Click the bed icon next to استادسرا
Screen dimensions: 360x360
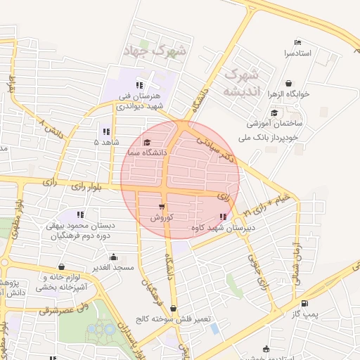tap(297, 41)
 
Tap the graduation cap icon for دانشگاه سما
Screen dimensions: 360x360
tap(146, 142)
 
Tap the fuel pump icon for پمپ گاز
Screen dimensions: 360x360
tap(304, 304)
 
